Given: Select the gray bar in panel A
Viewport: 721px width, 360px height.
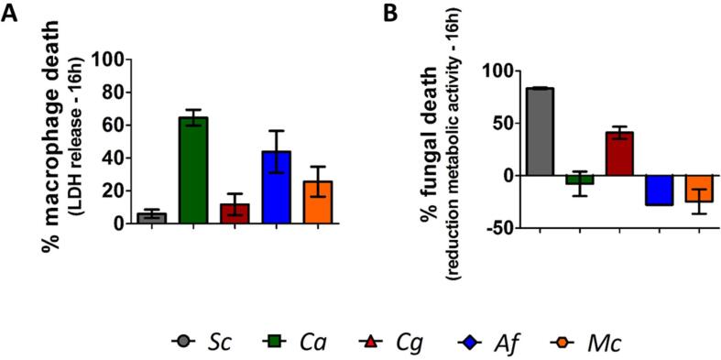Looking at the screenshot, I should [151, 217].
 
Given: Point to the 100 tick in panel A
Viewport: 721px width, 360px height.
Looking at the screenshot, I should [104, 60].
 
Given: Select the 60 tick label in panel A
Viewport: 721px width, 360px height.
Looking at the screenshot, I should [109, 125].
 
